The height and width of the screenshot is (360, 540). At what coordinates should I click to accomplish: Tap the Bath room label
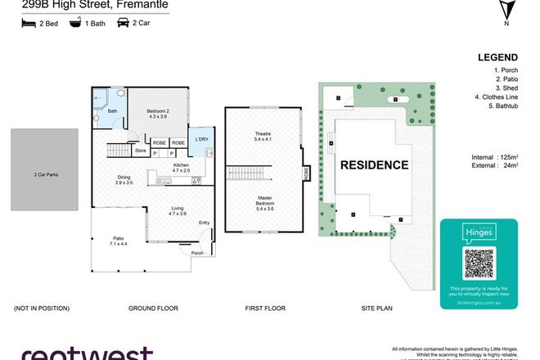click(x=112, y=112)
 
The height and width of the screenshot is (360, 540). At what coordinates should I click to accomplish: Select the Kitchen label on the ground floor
click(x=182, y=167)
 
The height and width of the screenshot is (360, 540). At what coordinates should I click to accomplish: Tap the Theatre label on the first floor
click(x=263, y=137)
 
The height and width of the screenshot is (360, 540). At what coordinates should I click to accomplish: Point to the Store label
click(x=140, y=151)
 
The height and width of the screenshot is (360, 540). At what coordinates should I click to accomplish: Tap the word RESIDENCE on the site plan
click(x=374, y=164)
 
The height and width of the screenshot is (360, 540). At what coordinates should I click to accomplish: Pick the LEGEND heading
click(x=497, y=57)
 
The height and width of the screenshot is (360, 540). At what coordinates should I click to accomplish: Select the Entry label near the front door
click(x=204, y=223)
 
